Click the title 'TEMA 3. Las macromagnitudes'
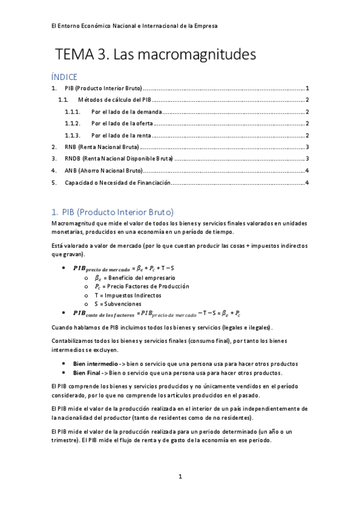pyautogui.click(x=156, y=55)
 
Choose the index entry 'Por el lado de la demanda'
pyautogui.click(x=126, y=112)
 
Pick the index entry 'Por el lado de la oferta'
pyautogui.click(x=121, y=123)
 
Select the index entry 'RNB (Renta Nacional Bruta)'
pyautogui.click(x=102, y=147)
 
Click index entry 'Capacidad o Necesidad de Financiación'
pyautogui.click(x=118, y=182)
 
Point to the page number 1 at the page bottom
pyautogui.click(x=180, y=477)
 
